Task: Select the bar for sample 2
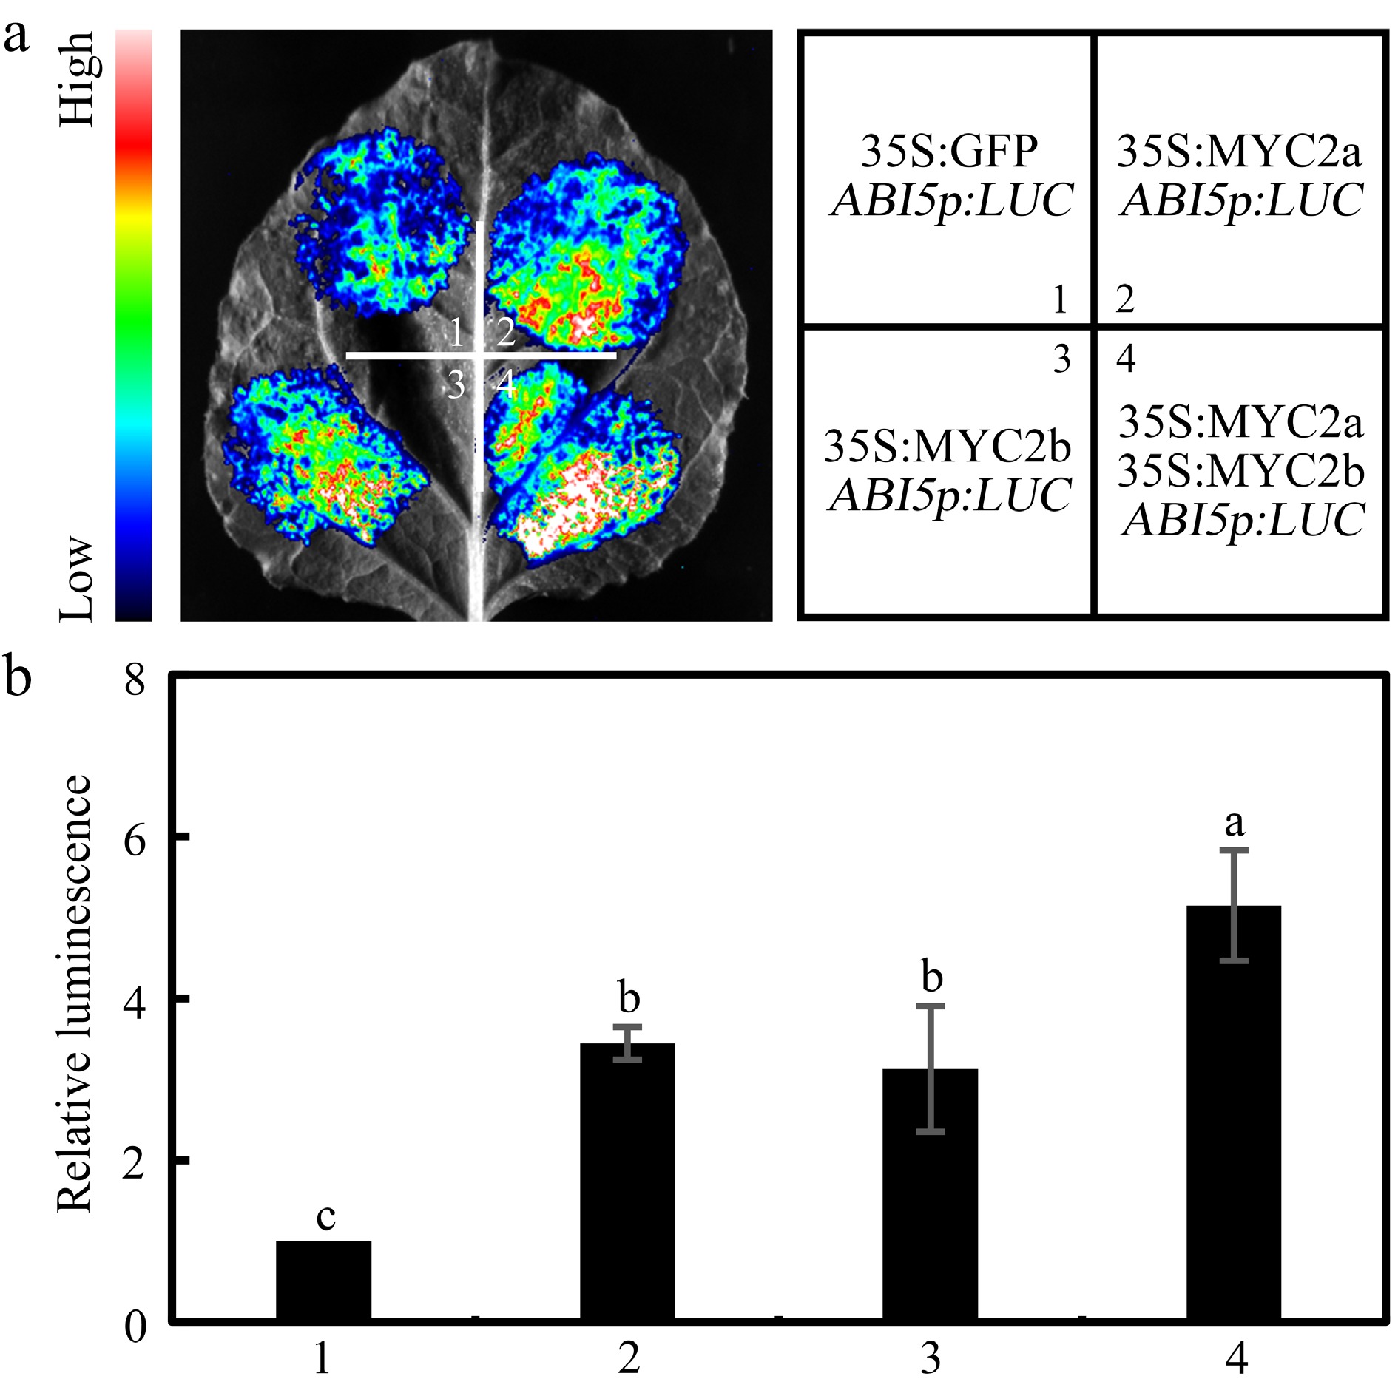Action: click(x=627, y=1183)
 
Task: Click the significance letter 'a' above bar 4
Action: click(x=1234, y=822)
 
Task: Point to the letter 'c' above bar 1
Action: click(x=325, y=1216)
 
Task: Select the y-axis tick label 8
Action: click(x=135, y=679)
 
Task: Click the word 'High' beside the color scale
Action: click(x=77, y=78)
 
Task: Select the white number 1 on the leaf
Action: click(x=456, y=333)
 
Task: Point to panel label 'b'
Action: click(x=18, y=676)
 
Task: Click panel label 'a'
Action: click(x=16, y=37)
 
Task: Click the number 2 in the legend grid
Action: click(x=1125, y=299)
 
